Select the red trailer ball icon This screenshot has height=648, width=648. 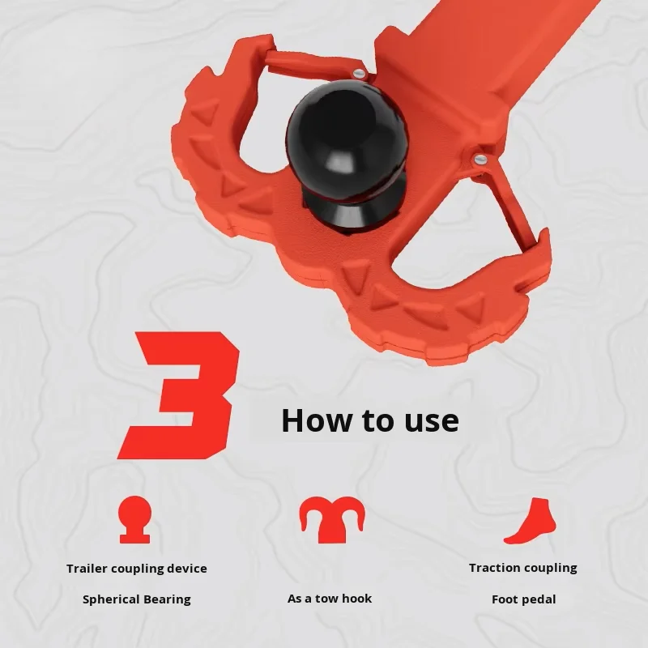[134, 519]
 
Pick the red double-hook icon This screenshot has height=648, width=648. [333, 520]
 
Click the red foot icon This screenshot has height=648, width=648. [531, 521]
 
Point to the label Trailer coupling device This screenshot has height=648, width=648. [137, 569]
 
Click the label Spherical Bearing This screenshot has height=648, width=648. [137, 599]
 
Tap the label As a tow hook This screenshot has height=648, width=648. [330, 599]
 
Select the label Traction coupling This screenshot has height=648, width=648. [523, 569]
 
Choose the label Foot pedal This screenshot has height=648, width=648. [523, 599]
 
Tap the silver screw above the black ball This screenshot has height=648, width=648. [359, 74]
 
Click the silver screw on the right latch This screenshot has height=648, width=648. [480, 159]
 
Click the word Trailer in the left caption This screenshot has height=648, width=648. [87, 569]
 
